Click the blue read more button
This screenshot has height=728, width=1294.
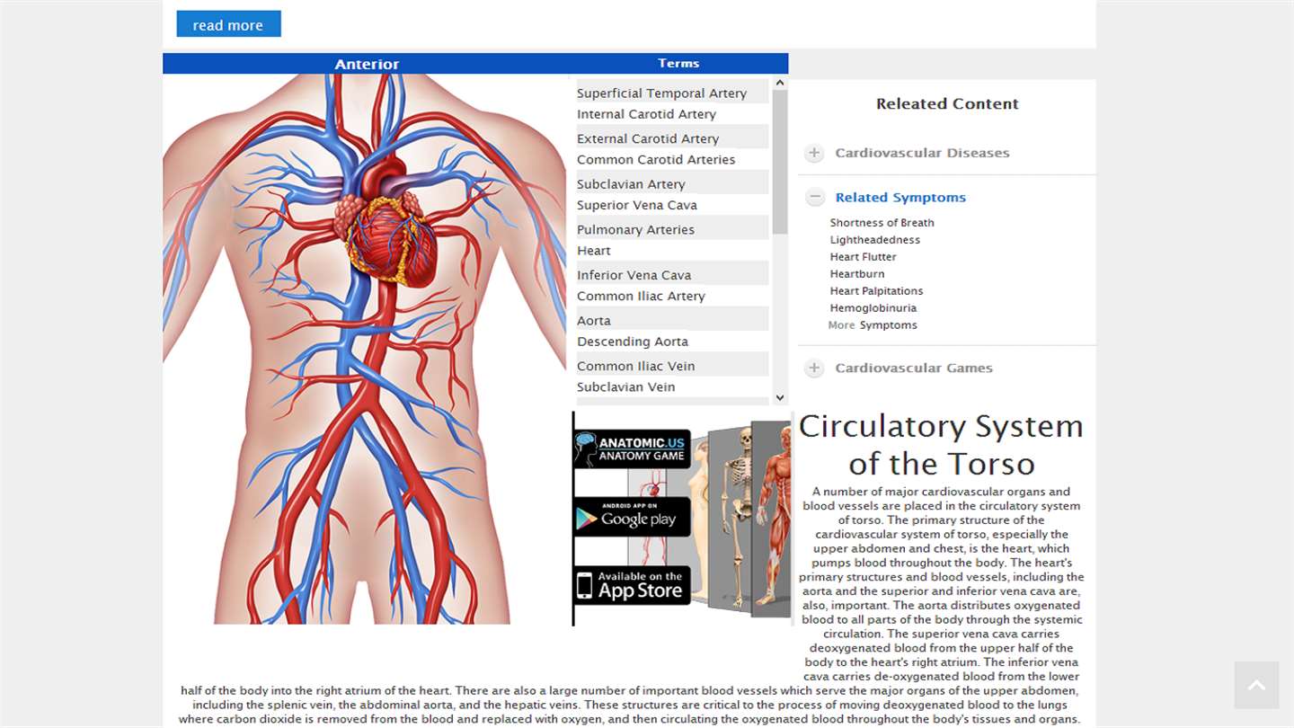pos(229,23)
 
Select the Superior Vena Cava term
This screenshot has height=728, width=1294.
pos(636,205)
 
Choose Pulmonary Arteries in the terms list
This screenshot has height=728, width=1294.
pos(635,229)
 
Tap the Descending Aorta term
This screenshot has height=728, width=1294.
pos(633,342)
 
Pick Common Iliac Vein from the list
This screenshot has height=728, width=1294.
pos(636,366)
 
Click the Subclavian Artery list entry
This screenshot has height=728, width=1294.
pos(631,184)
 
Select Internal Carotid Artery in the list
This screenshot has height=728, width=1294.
pos(646,114)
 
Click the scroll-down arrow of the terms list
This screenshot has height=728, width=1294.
pos(780,397)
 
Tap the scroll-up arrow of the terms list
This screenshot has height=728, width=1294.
pos(780,84)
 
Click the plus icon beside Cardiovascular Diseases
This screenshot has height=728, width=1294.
pos(814,153)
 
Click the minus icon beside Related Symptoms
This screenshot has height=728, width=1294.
pos(815,197)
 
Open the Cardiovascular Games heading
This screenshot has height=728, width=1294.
pos(914,368)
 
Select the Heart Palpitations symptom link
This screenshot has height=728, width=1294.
pos(876,291)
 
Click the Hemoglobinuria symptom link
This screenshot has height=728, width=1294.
pos(873,308)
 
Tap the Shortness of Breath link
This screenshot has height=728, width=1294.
pos(882,223)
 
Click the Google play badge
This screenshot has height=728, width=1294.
pos(632,517)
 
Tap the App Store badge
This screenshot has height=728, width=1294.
pos(632,585)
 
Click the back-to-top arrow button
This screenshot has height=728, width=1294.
pos(1256,685)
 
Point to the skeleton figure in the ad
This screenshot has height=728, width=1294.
pos(738,514)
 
